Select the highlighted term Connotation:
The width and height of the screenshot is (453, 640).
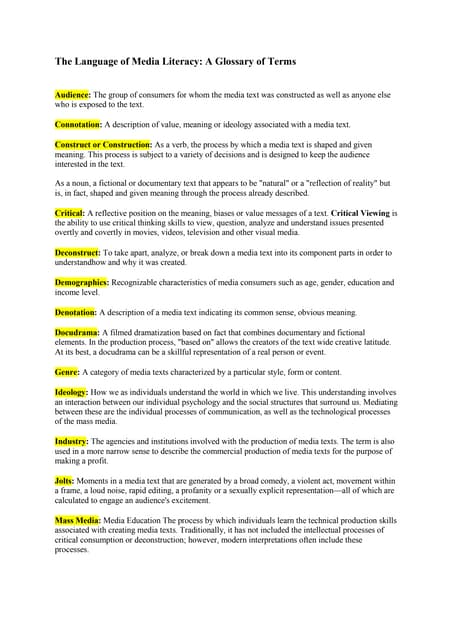tap(78, 125)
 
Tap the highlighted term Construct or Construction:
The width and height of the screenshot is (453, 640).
tap(102, 146)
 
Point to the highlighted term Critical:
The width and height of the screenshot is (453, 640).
tap(70, 213)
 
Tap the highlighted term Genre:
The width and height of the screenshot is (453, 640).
tap(67, 371)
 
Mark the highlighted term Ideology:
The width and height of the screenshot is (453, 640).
tap(71, 392)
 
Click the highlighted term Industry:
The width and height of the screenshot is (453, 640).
tap(71, 441)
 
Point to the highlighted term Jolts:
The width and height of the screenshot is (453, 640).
tap(65, 481)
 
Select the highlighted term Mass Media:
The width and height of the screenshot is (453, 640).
tap(77, 521)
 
